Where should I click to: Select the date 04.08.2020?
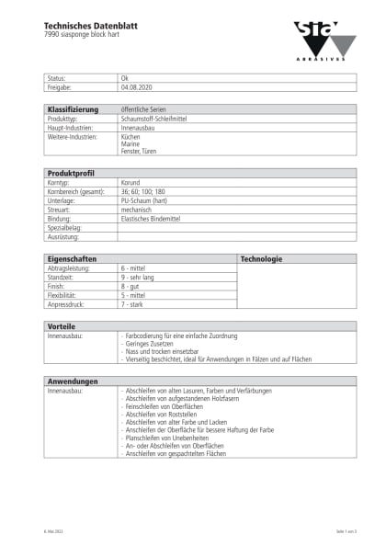point(135,87)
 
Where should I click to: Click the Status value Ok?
point(125,79)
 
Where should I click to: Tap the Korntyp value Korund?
point(131,183)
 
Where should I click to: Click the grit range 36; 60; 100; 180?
point(144,191)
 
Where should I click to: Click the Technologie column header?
point(261,259)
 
